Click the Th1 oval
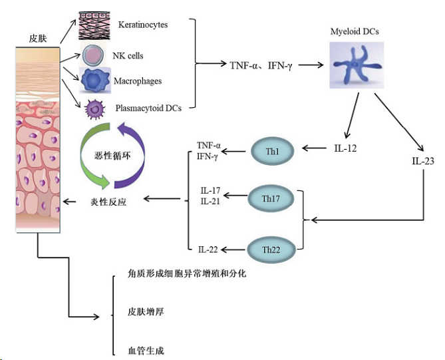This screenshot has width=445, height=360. click(x=272, y=151)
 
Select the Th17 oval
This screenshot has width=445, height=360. click(x=271, y=198)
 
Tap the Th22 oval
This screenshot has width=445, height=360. click(x=271, y=250)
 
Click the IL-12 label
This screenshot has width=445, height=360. click(x=345, y=148)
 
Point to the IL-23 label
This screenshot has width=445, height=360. click(x=423, y=161)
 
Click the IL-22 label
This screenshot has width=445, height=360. click(x=208, y=250)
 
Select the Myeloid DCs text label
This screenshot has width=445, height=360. click(x=355, y=31)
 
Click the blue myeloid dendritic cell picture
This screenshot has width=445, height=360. click(x=357, y=65)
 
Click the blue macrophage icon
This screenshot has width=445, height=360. click(x=95, y=81)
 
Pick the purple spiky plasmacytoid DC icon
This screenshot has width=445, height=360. click(x=95, y=108)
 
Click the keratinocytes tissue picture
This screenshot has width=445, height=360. click(x=94, y=26)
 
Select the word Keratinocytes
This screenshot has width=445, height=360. click(x=143, y=25)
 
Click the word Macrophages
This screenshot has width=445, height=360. click(x=138, y=81)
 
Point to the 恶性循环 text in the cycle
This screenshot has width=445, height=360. click(x=112, y=156)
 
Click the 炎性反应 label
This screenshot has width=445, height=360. click(x=108, y=202)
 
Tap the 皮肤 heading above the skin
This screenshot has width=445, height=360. click(x=38, y=39)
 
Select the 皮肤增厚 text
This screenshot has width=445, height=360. click(x=146, y=312)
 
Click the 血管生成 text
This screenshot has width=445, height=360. click(x=146, y=351)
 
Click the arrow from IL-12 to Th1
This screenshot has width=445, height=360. click(x=314, y=148)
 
